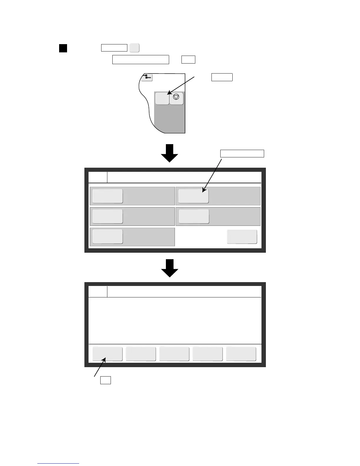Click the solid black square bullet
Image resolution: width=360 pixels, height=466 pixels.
point(63,48)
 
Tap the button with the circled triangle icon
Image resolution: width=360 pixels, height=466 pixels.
point(176,98)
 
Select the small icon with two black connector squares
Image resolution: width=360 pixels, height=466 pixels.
point(147,77)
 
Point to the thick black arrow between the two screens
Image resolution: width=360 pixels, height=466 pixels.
point(170,268)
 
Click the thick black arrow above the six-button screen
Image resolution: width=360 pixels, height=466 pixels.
point(170,153)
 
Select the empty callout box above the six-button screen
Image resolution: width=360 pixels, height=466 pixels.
point(242,154)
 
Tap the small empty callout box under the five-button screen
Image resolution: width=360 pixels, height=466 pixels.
point(105,380)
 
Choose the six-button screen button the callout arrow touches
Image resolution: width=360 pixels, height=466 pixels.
point(194,196)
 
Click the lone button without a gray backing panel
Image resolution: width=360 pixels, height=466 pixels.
point(242,237)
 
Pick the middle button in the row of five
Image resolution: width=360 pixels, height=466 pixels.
point(174,354)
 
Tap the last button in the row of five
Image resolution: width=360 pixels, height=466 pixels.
point(241,354)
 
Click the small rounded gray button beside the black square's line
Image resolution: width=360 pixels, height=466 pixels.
point(134,48)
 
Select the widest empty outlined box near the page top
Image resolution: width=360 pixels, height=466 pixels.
point(141,59)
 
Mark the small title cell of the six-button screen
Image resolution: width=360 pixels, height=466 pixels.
point(98,177)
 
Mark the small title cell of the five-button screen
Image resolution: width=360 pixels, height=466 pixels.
point(98,292)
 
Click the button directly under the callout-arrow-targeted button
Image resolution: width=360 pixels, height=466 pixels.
point(194,216)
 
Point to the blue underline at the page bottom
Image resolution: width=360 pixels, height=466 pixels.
point(58,463)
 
